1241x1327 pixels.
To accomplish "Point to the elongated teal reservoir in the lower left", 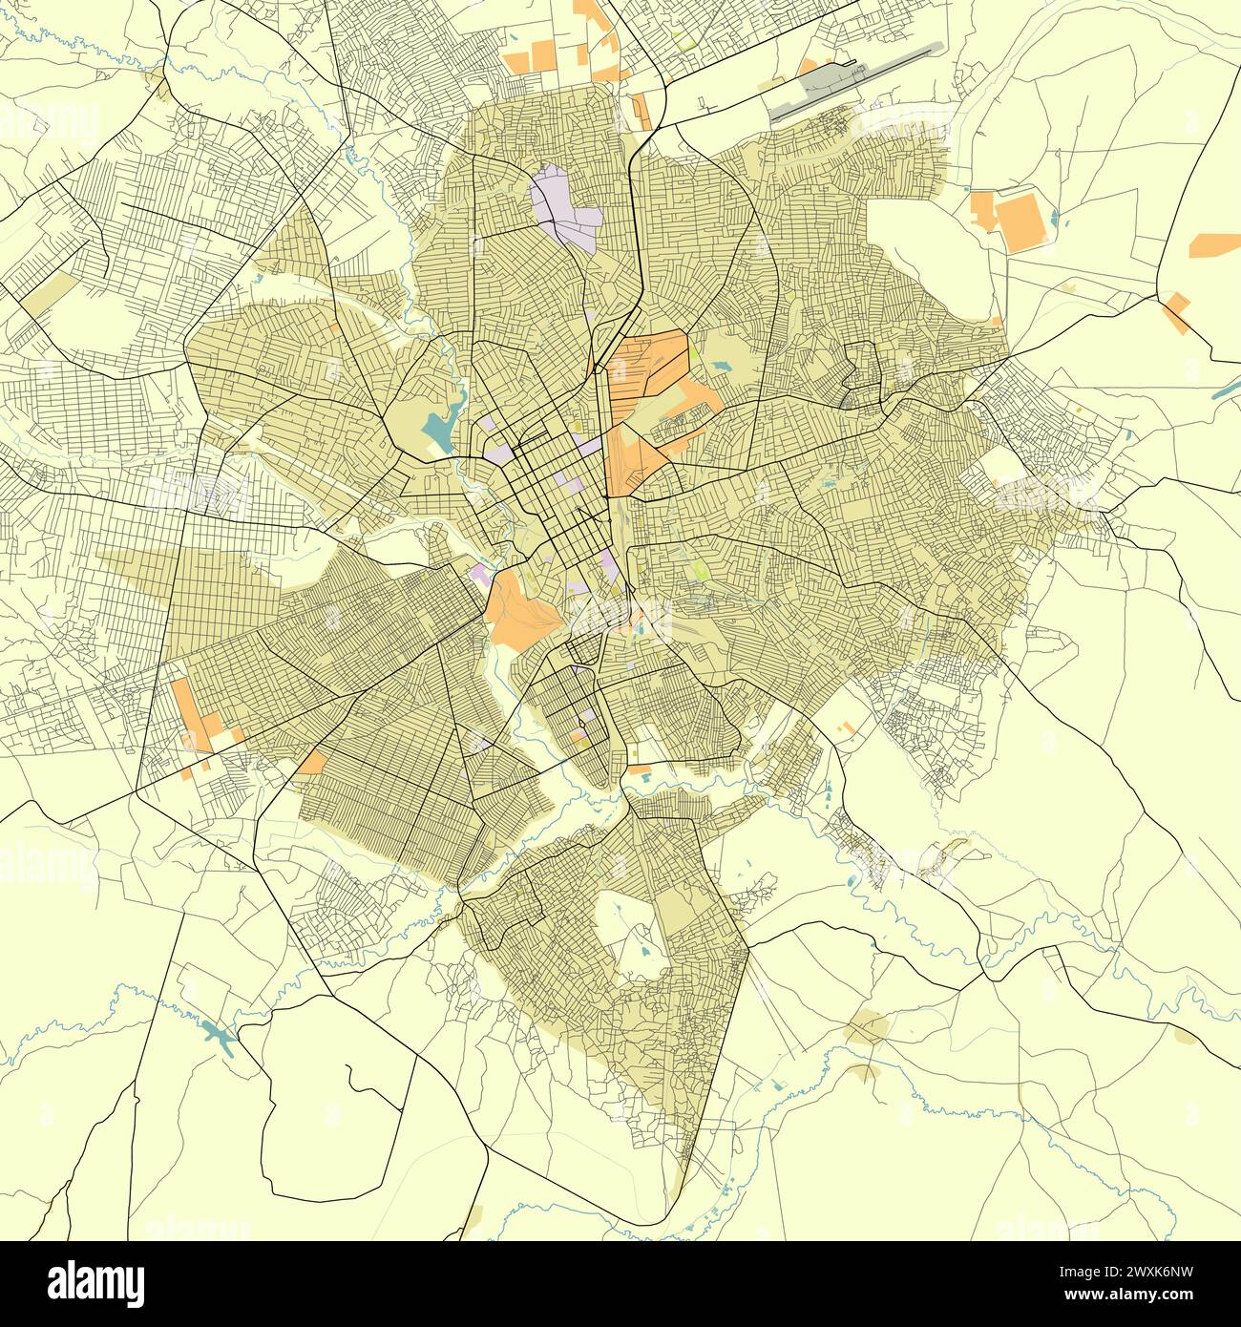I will pos(219,1037).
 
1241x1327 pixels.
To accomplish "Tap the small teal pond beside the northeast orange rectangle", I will pos(1052,218).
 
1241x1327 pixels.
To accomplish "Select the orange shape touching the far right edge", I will pos(1214,244).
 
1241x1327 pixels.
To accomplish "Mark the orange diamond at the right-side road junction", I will pos(1176,313).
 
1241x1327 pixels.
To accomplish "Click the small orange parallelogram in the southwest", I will pos(311,762).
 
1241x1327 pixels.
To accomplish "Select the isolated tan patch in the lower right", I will pos(868,1031).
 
